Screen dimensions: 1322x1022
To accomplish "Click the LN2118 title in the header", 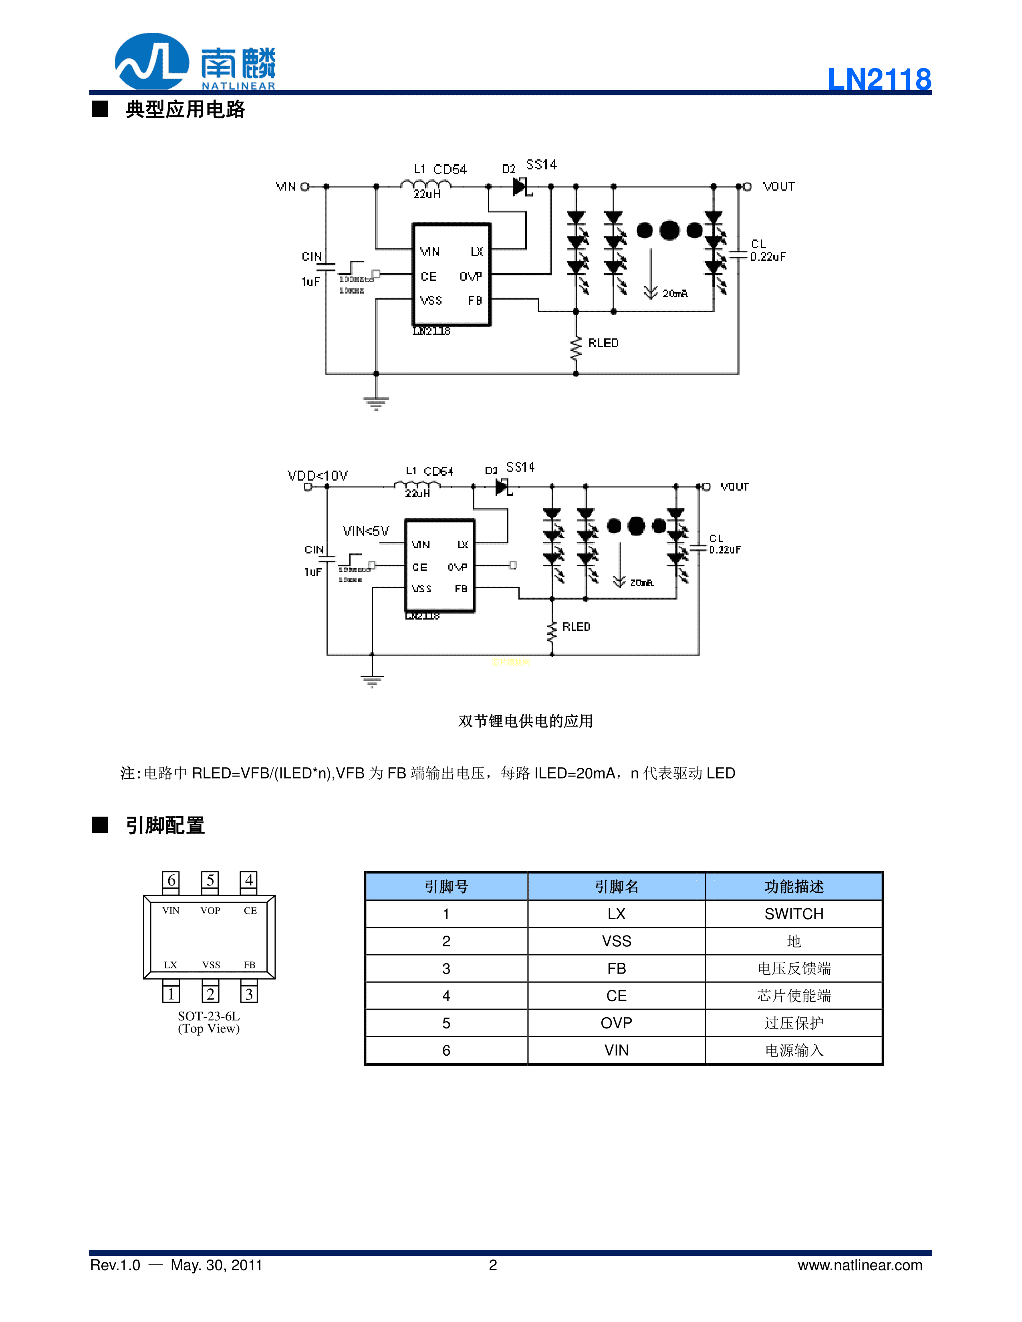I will pos(879,79).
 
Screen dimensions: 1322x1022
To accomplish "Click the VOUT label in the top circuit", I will pos(778,187).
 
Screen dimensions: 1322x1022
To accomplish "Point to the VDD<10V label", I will pos(317,476).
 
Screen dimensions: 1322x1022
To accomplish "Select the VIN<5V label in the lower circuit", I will pos(366,531).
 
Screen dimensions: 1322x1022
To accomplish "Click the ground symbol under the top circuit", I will pos(376,402).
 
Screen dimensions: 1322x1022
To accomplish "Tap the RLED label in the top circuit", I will pos(603,343).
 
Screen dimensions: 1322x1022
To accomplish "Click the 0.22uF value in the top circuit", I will pos(768,257).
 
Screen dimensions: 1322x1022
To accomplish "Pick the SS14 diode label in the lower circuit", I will pos(520,467).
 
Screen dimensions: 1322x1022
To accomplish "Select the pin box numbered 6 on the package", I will pos(171,881).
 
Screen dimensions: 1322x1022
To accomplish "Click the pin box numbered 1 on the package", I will pos(171,994).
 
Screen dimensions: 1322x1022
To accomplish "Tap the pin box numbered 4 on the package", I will pos(249,881).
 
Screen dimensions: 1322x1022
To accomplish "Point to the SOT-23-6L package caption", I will pos(209,1016).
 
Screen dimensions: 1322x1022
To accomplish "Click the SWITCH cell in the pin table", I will pos(793,914).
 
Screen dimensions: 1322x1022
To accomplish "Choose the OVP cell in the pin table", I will pos(616,1023).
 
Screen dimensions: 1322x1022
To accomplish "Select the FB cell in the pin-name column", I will pos(616,968).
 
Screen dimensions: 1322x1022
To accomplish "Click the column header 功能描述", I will pos(793,887).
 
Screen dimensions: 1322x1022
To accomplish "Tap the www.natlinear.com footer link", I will pos(860,1265).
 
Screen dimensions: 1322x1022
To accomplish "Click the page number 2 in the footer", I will pos(493,1265).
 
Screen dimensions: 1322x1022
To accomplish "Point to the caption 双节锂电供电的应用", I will pos(525,721).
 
